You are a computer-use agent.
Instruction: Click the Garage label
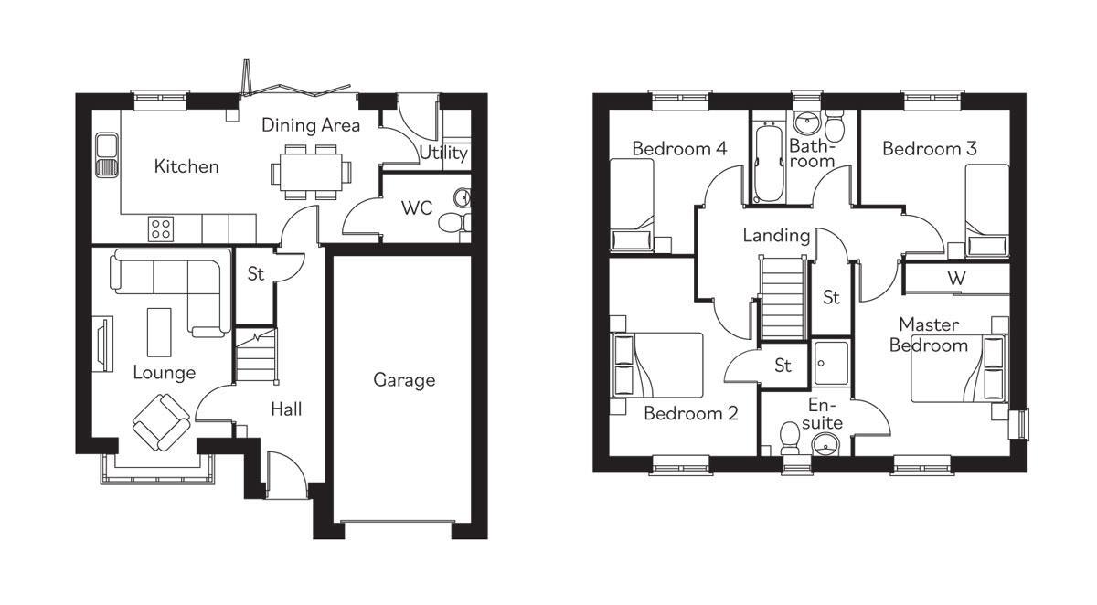tap(404, 380)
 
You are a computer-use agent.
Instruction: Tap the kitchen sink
tap(107, 154)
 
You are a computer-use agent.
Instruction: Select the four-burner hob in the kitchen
tap(161, 228)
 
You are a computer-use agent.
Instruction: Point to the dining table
tap(311, 172)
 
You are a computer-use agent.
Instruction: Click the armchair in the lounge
tap(161, 422)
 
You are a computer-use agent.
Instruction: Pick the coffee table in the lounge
tap(159, 333)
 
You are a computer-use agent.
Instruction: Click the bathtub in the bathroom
tap(769, 163)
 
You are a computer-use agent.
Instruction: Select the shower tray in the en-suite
tap(831, 363)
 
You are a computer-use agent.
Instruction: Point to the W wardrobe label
tap(956, 279)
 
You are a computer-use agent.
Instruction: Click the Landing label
tap(776, 236)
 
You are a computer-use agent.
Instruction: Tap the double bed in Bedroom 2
tap(656, 366)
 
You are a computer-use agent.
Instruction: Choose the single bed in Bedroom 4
tap(633, 206)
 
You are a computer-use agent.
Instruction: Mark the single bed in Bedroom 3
tap(987, 210)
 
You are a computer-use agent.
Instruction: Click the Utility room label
tap(443, 154)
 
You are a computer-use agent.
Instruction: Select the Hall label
tap(286, 409)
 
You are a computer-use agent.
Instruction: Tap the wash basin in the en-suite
tap(825, 445)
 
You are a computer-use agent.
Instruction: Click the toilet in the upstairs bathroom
tap(834, 125)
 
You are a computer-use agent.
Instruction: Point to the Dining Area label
tap(311, 125)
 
